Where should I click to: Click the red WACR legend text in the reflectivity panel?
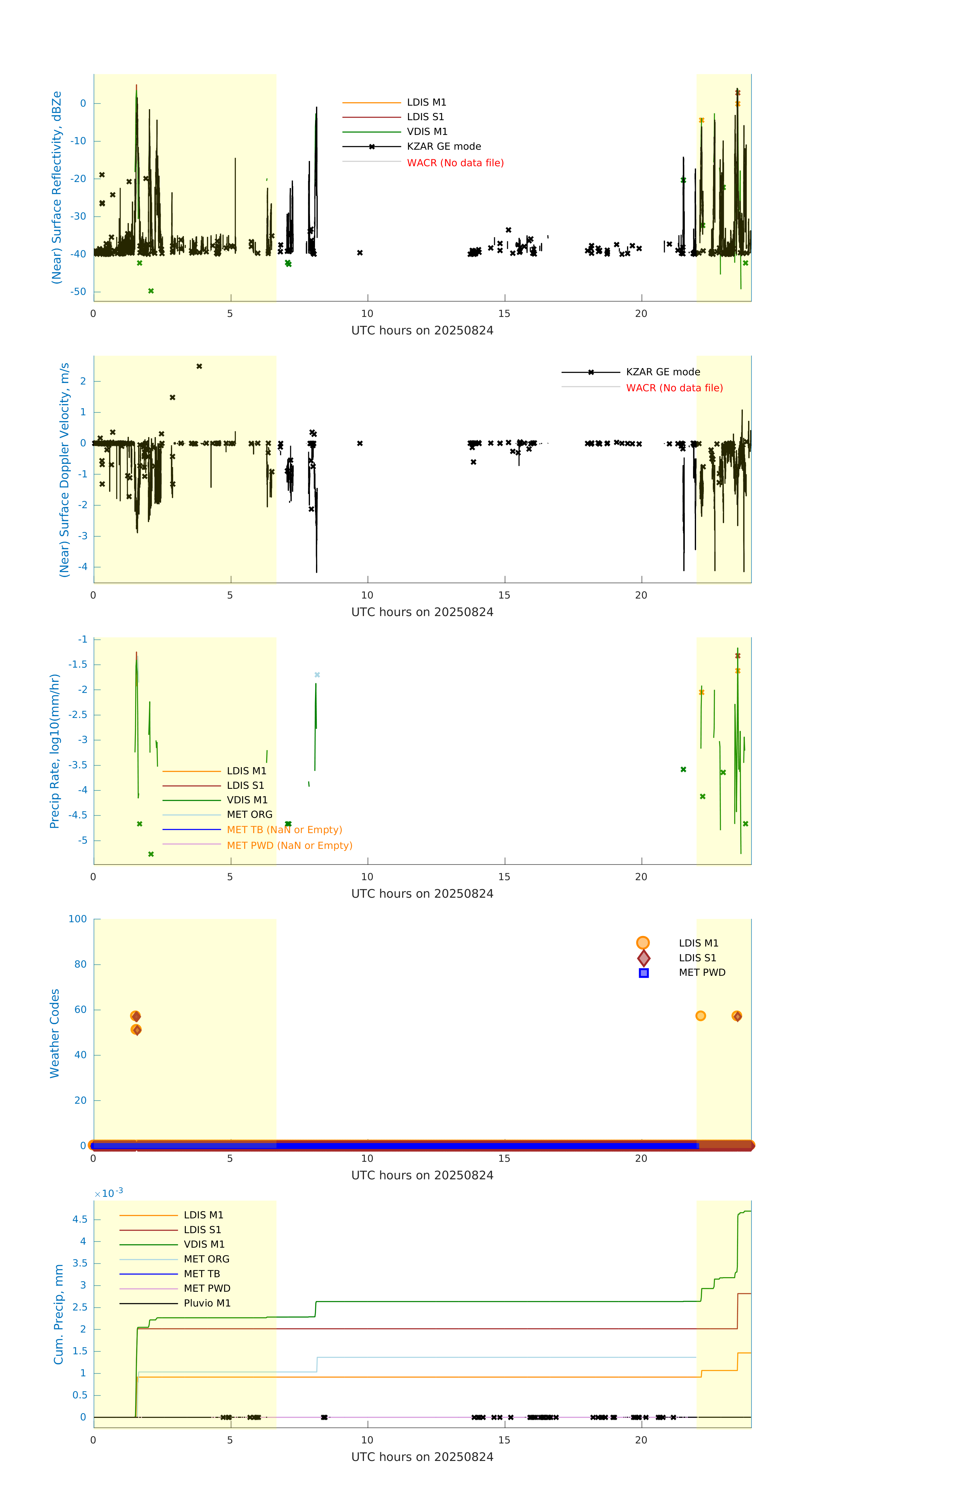(455, 163)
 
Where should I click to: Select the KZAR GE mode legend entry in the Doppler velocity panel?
(663, 372)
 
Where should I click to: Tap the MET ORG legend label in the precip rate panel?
(249, 815)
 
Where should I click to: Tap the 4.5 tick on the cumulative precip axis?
(80, 1219)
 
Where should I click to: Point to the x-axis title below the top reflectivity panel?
(422, 331)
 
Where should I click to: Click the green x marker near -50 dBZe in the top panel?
(151, 291)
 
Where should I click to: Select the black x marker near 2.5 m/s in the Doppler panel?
(199, 366)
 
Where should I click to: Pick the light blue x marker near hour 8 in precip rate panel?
(317, 675)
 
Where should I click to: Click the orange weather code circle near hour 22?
(701, 1016)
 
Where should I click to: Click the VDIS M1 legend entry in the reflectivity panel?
(427, 132)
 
